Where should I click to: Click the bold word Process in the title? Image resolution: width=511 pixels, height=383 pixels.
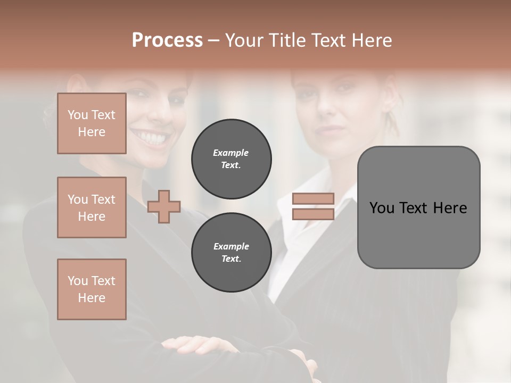(167, 40)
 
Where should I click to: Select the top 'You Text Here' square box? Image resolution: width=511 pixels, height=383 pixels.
(92, 123)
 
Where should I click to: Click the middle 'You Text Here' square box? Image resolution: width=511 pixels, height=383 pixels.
(92, 207)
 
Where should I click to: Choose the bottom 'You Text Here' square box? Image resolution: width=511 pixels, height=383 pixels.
(92, 289)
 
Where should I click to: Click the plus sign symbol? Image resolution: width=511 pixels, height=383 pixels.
(164, 206)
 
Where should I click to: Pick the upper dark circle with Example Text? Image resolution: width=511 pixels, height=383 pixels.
(231, 159)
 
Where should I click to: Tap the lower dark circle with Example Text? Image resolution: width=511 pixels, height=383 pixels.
(231, 253)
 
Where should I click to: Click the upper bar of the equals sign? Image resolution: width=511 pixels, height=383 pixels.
(313, 198)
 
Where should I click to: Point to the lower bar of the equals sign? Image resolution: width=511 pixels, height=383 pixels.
(313, 214)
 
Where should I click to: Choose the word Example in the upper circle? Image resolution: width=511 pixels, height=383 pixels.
(231, 153)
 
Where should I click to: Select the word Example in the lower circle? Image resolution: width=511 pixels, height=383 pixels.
(231, 246)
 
